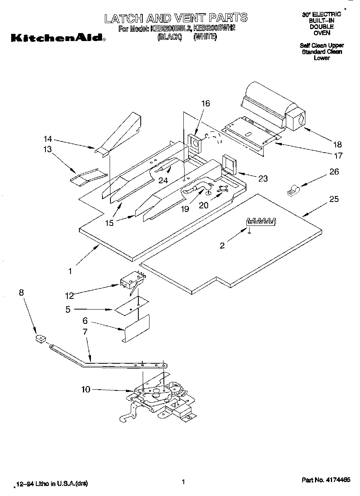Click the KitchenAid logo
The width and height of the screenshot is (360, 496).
(x=58, y=39)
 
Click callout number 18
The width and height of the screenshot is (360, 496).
(x=338, y=144)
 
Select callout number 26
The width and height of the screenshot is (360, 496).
(x=334, y=172)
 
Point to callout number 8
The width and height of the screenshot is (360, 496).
(x=21, y=292)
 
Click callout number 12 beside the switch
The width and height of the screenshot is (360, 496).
(x=69, y=296)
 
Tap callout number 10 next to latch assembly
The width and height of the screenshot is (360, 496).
(x=86, y=389)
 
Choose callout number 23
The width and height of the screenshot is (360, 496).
(x=263, y=178)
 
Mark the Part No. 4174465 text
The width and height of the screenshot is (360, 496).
(x=326, y=480)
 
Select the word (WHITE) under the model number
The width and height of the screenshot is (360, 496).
(x=205, y=37)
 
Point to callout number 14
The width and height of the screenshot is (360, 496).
(x=48, y=139)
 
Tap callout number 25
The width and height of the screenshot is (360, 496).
(x=334, y=199)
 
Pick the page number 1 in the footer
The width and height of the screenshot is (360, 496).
(x=183, y=482)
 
